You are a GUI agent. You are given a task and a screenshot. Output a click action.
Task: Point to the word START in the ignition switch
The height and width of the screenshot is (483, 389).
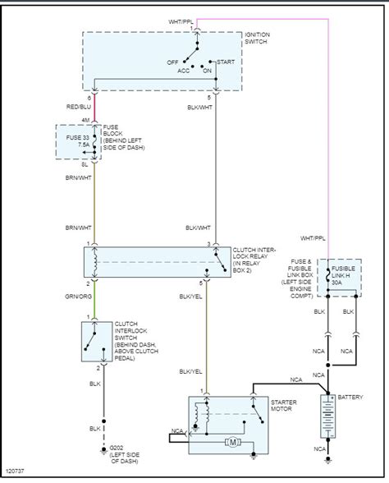tap(227, 62)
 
